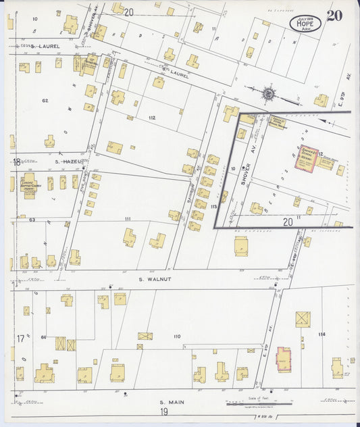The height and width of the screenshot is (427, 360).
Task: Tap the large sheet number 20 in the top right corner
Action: [x=334, y=16]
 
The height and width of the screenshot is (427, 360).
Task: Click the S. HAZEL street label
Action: [x=68, y=162]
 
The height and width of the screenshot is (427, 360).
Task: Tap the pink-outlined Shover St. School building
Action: [x=310, y=157]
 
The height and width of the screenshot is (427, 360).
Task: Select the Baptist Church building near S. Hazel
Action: [x=29, y=186]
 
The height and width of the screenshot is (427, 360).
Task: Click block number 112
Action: [x=152, y=118]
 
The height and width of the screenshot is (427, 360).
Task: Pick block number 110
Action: [x=177, y=336]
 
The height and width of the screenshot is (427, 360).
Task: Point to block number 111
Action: [x=127, y=220]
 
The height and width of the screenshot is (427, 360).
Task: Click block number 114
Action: [x=322, y=334]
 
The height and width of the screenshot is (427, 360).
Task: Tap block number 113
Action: [x=213, y=206]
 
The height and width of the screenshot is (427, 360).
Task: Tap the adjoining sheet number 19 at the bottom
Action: [x=164, y=411]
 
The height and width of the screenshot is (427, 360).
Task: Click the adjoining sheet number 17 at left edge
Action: [x=20, y=337]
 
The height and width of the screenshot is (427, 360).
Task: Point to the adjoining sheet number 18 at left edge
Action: [x=16, y=162]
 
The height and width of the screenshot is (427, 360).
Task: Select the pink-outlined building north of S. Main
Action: [x=283, y=359]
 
